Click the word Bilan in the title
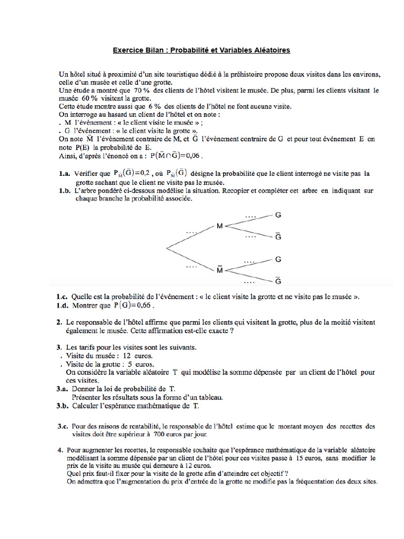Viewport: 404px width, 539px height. (x=152, y=51)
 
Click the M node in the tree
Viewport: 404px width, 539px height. (x=220, y=226)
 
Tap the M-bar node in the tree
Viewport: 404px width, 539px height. (x=220, y=269)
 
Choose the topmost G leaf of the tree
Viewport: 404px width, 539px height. (x=278, y=215)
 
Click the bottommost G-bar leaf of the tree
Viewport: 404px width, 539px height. (x=278, y=280)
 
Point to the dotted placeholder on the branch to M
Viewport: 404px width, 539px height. (x=191, y=231)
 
